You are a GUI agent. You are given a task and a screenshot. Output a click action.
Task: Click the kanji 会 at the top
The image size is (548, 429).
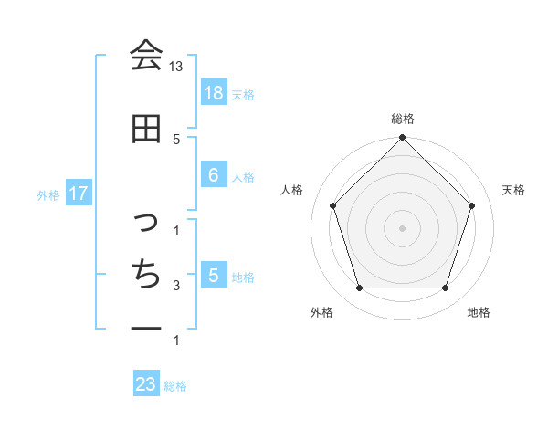[146, 56]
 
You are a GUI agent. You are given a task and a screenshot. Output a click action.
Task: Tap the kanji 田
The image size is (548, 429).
[146, 129]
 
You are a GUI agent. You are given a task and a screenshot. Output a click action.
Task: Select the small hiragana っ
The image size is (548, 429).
[147, 222]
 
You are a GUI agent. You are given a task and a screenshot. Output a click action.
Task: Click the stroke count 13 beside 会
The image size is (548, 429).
[176, 67]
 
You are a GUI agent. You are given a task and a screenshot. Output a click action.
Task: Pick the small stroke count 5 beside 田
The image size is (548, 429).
[176, 139]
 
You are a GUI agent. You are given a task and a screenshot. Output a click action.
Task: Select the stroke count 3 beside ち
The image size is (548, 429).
[176, 286]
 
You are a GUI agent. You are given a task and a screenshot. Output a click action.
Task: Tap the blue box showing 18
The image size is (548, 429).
[213, 92]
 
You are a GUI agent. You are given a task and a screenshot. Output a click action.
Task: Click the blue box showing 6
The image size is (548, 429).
[213, 174]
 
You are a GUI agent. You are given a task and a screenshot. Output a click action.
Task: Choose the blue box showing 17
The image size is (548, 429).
[79, 194]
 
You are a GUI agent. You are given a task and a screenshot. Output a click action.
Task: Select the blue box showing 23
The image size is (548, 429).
[146, 384]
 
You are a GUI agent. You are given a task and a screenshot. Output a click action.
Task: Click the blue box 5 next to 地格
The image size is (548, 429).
[213, 275]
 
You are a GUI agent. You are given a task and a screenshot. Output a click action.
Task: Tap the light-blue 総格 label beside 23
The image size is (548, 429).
[175, 386]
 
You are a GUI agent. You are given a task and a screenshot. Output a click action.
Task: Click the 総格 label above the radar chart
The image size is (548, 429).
[402, 119]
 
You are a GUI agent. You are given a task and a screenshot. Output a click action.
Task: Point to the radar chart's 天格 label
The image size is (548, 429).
[513, 190]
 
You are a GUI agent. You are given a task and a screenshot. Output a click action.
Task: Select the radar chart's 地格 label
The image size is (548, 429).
[479, 312]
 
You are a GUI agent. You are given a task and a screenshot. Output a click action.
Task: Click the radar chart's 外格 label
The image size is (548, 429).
[321, 312]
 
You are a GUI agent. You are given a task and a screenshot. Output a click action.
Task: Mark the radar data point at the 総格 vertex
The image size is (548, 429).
[402, 139]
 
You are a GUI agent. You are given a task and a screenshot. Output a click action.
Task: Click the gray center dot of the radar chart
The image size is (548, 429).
[402, 227]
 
